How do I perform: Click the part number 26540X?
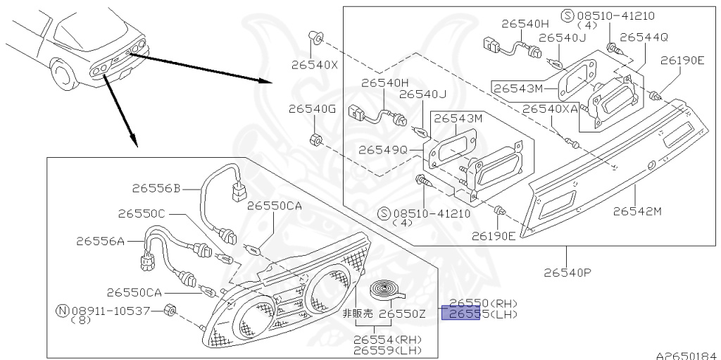[x=314, y=66]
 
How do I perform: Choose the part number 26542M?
[x=637, y=210]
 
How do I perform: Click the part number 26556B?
[x=156, y=188]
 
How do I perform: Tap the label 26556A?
[x=100, y=241]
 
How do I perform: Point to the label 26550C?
[x=141, y=213]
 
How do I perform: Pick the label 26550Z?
[x=403, y=314]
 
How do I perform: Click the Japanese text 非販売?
[x=357, y=314]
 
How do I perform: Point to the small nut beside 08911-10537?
[x=170, y=311]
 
